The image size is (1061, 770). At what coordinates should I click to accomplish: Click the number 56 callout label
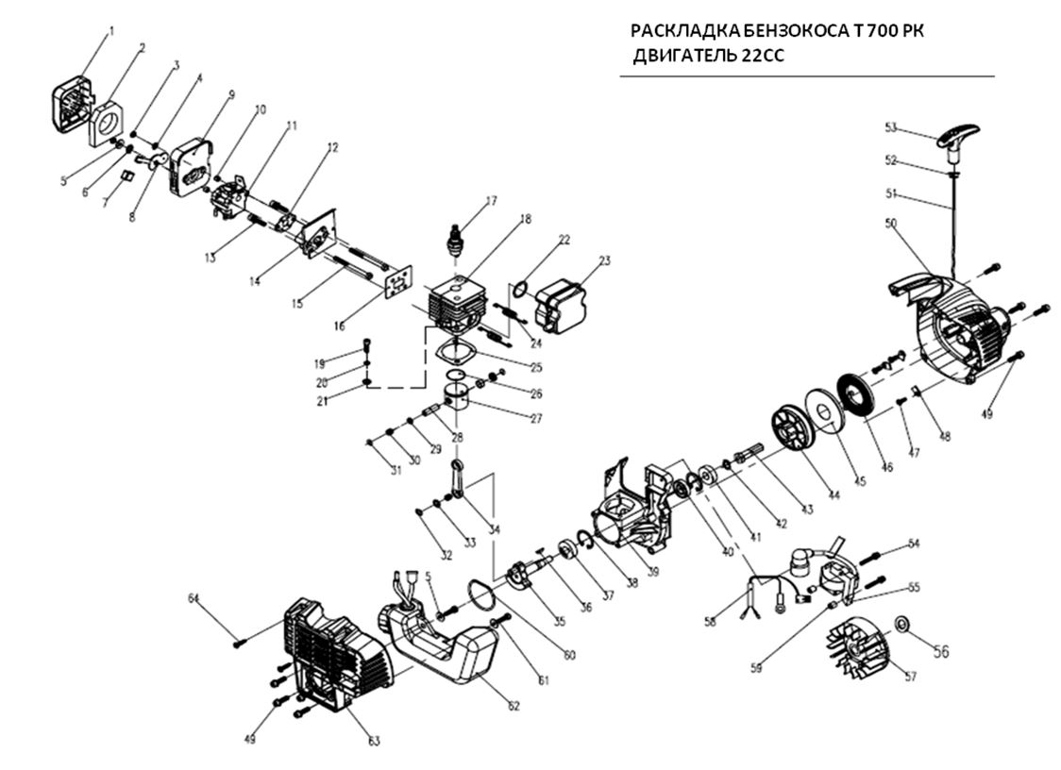[940, 650]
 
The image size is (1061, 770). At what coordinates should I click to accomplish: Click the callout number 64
[194, 598]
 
